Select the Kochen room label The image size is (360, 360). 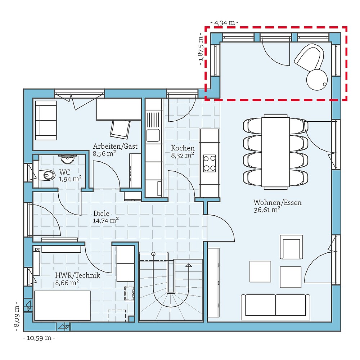click(x=183, y=148)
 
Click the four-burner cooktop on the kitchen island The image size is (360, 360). click(x=209, y=163)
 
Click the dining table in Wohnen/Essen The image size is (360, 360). click(x=275, y=151)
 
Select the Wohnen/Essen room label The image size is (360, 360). click(x=277, y=202)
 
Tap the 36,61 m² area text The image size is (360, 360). click(x=267, y=210)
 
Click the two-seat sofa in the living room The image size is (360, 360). click(x=275, y=306)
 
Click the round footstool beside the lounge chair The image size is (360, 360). click(x=317, y=79)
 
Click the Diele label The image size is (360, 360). click(x=101, y=213)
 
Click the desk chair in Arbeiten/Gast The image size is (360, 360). click(x=120, y=129)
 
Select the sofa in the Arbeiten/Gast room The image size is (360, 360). click(x=46, y=120)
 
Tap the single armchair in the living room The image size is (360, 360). click(x=291, y=247)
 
